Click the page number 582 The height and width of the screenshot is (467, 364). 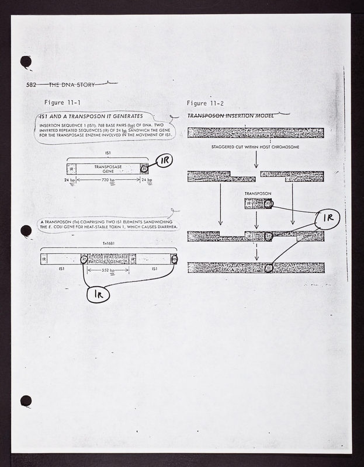pos(32,85)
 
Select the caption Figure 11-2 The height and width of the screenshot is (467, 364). pos(204,103)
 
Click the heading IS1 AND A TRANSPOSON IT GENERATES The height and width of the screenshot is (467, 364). pos(87,117)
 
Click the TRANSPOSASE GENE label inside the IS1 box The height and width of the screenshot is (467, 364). pos(108,169)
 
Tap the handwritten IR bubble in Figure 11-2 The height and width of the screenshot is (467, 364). pos(327,219)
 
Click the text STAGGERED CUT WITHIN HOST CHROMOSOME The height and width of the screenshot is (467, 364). pos(256,147)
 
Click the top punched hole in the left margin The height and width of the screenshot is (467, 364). pos(26,61)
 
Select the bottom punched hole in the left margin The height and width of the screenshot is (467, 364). pos(25,401)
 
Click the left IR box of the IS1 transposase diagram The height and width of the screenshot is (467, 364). pos(71,169)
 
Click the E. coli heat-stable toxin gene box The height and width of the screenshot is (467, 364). pos(109,259)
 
